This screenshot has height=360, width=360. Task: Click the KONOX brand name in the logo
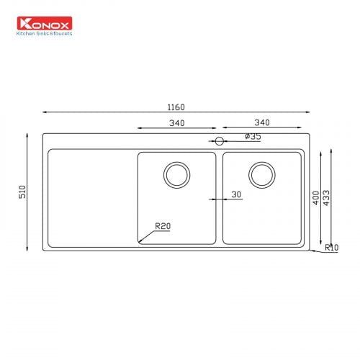(50, 24)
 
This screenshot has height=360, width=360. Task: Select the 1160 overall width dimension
(176, 107)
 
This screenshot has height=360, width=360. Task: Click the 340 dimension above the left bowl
(176, 123)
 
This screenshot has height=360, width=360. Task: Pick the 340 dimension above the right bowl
(261, 123)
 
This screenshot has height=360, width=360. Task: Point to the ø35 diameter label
(253, 136)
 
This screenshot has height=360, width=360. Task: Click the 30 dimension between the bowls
(237, 194)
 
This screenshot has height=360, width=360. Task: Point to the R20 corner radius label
(162, 226)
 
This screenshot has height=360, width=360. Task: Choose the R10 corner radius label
(332, 247)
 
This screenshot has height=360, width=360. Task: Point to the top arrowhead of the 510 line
(29, 135)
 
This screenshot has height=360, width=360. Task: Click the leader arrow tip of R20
(140, 240)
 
